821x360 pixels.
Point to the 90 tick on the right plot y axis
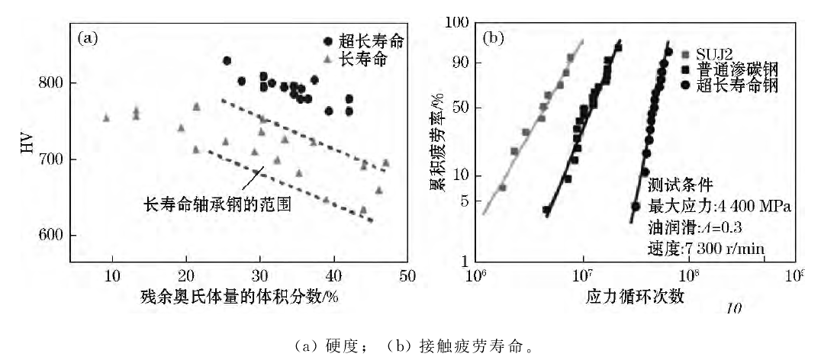tap(464, 63)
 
